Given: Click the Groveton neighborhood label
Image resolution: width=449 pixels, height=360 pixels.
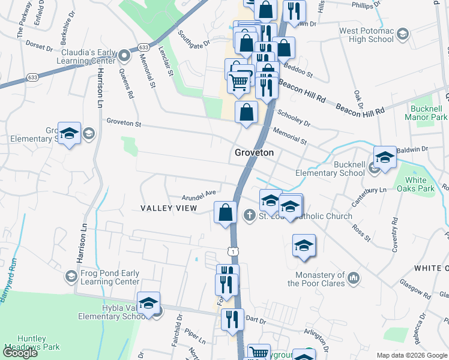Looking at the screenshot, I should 254,153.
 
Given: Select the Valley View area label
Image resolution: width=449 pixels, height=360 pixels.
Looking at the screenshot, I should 169,208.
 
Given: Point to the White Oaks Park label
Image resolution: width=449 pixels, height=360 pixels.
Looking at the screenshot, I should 420,184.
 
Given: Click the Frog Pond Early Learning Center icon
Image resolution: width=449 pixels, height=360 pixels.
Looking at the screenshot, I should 71,276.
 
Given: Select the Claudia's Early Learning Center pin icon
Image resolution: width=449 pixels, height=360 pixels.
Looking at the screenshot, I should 125,56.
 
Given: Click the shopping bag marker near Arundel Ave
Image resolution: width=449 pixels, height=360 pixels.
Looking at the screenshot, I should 225,212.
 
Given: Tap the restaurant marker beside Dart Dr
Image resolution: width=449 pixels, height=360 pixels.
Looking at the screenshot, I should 232,319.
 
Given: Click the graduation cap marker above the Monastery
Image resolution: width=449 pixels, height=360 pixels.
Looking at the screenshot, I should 304,245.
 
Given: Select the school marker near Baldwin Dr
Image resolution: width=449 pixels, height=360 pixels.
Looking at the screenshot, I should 384,157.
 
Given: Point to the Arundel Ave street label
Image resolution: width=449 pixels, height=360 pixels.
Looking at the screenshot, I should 199,194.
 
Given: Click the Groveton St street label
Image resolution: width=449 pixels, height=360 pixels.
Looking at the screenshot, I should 124,122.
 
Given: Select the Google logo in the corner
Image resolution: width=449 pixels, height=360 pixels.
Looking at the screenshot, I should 20,352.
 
